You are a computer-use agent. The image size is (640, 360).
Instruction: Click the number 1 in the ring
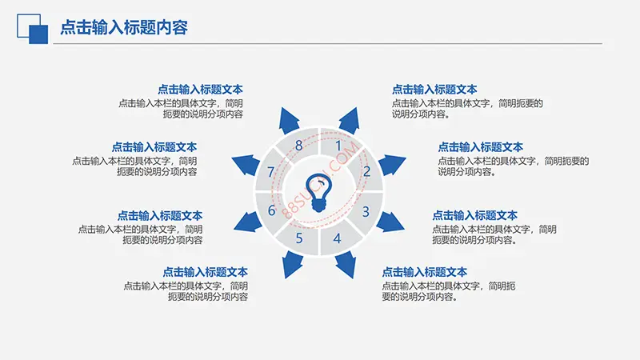pos(338,146)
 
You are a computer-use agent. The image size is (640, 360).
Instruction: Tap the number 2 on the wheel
pos(366,171)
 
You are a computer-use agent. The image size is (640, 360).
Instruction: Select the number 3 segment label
pos(366,211)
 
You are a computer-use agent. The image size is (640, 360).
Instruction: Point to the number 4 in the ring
pos(337,238)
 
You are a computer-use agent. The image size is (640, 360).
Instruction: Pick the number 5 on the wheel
pos(299,238)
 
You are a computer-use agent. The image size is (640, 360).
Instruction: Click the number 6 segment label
pos(271,210)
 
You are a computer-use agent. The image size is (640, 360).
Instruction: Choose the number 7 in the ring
pos(270,172)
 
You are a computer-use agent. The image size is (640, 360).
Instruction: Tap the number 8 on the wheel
pos(298,146)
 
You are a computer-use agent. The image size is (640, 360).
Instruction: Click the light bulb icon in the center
pos(318,193)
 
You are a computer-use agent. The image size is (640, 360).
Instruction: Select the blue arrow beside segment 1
pos(350,121)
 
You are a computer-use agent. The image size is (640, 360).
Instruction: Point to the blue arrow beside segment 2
pos(391,165)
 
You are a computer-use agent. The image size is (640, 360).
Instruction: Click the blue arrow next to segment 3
pos(390,222)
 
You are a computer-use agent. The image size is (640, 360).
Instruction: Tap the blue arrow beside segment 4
pos(346,265)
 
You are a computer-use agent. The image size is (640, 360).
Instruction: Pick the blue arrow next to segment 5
pos(292,265)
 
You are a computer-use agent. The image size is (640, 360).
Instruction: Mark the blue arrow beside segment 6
pos(247,222)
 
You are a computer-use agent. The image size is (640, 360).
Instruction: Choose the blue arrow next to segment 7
pos(246,165)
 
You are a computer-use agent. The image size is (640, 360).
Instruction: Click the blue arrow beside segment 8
pos(289,121)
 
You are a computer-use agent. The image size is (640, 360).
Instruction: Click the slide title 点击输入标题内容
pos(124,28)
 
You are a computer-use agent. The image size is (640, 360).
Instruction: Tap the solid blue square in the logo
pos(38,34)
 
